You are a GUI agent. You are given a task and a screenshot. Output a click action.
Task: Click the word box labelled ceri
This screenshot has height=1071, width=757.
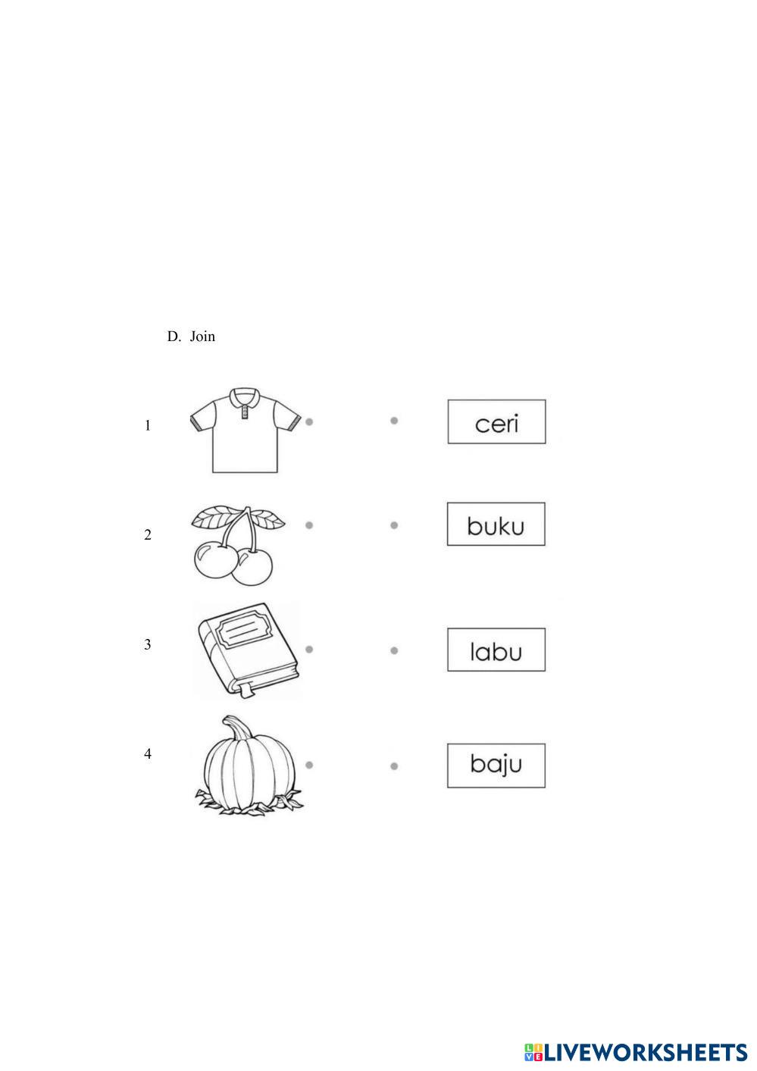click(496, 422)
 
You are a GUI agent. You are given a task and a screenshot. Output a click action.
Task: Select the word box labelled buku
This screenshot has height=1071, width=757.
click(496, 525)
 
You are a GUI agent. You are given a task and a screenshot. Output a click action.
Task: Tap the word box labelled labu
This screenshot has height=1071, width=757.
click(496, 650)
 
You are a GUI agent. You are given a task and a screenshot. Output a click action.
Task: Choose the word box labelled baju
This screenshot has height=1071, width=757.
click(496, 765)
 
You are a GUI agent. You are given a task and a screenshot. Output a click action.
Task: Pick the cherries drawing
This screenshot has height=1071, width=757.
click(237, 545)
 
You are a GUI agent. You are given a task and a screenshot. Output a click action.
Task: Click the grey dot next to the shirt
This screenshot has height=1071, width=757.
click(309, 421)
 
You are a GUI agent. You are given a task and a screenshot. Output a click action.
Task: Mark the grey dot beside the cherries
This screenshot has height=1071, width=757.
click(309, 525)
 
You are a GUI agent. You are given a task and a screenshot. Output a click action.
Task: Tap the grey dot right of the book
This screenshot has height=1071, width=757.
click(309, 649)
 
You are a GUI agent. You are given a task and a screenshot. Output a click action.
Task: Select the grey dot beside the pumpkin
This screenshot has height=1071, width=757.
click(309, 765)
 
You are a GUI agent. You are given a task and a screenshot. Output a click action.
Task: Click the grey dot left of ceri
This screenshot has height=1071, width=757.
click(394, 420)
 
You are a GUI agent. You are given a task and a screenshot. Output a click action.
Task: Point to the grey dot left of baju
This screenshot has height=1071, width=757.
click(394, 766)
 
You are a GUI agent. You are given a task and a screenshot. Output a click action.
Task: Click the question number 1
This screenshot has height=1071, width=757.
click(148, 426)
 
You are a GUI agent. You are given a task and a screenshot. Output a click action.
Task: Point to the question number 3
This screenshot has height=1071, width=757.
click(148, 645)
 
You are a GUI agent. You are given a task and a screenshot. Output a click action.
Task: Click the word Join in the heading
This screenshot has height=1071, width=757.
click(202, 337)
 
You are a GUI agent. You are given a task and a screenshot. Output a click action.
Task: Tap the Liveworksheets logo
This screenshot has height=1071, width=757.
click(635, 1051)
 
